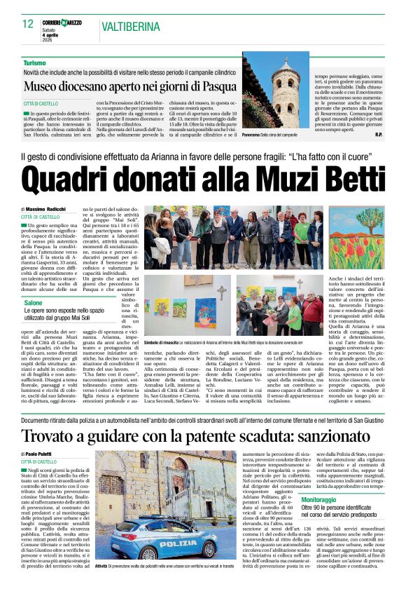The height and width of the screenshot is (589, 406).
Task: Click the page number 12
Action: pyautogui.click(x=28, y=25)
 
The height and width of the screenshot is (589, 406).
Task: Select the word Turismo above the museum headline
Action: pyautogui.click(x=34, y=63)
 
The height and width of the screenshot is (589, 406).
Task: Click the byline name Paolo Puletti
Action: pyautogui.click(x=50, y=454)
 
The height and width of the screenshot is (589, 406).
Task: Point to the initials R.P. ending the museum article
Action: pyautogui.click(x=379, y=135)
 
